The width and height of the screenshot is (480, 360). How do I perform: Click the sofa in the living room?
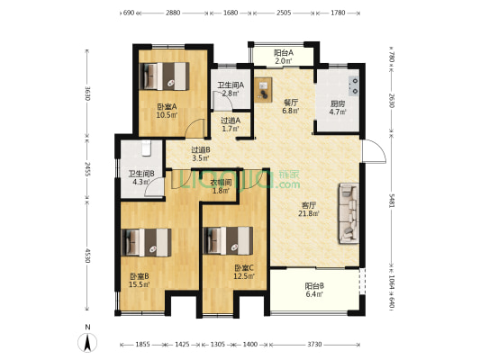point(348,213)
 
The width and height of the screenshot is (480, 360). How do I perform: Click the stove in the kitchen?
point(355,85)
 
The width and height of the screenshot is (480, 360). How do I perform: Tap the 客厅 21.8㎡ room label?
point(310,209)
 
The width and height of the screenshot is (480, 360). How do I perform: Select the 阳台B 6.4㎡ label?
point(314,291)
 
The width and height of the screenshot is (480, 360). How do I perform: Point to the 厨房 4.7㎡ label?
point(337,108)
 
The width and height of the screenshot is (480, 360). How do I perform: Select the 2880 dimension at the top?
point(173,13)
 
